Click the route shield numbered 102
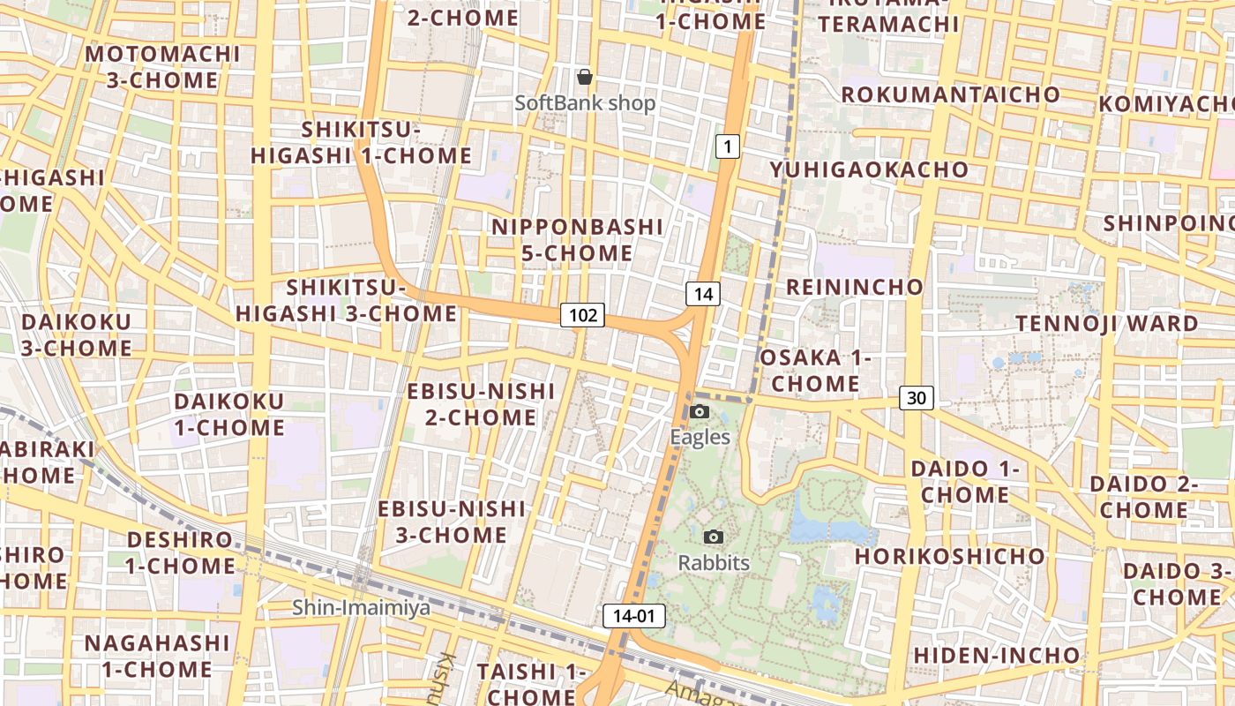click(582, 315)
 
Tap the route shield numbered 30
click(917, 398)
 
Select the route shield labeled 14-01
click(634, 616)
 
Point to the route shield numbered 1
click(727, 146)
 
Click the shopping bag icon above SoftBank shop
click(584, 77)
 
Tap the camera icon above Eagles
click(700, 411)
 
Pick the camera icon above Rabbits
click(714, 537)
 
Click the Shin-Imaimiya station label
click(362, 607)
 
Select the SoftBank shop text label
click(585, 103)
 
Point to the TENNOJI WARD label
click(1107, 323)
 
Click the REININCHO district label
click(854, 287)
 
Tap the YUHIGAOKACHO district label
click(869, 169)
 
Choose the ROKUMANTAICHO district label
click(950, 94)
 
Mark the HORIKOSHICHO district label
click(949, 557)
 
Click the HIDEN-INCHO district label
click(996, 656)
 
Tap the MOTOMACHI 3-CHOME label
click(162, 67)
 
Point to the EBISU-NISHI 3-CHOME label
click(452, 522)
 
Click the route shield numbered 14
click(702, 294)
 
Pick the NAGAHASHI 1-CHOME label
click(157, 656)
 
